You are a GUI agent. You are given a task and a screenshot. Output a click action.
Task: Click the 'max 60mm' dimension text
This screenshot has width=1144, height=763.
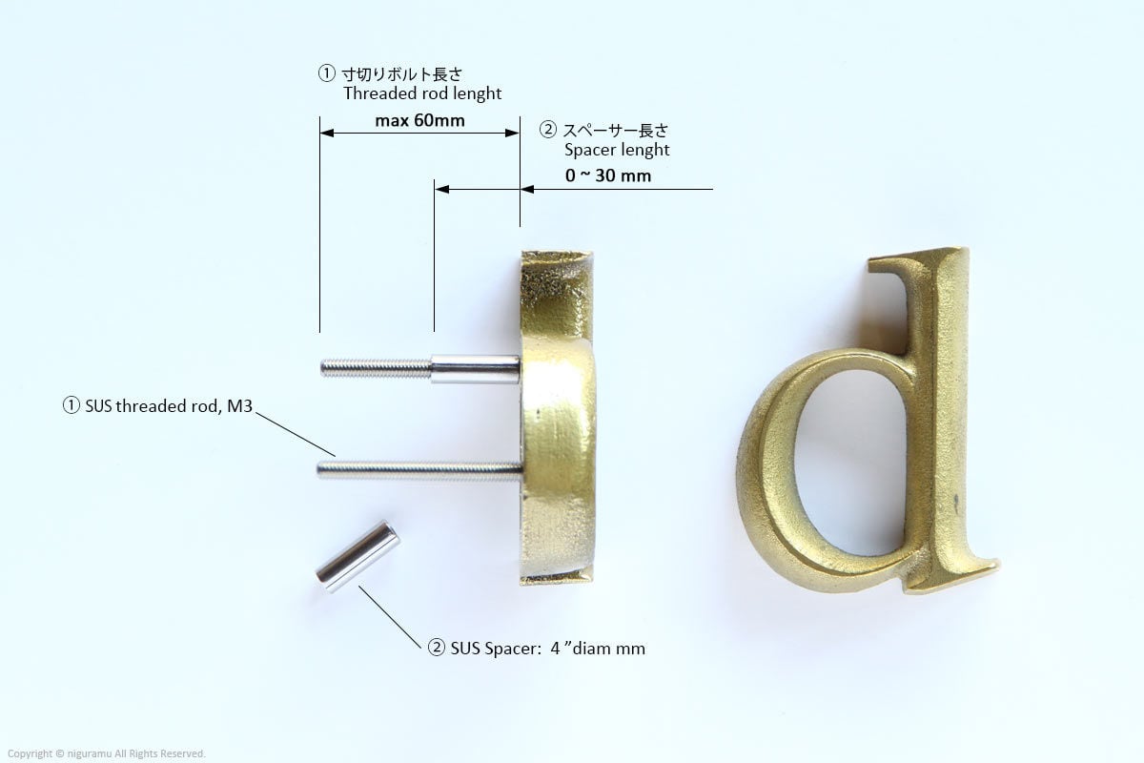click(419, 120)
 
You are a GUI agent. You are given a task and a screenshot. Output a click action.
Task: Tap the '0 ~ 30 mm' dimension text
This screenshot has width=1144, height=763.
click(608, 175)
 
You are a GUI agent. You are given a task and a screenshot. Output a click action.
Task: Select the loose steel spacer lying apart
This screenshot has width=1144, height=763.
click(357, 557)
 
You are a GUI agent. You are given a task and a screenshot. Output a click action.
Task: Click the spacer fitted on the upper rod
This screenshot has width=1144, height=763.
click(476, 369)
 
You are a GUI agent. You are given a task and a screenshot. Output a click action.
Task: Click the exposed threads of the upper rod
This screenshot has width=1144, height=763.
click(377, 368)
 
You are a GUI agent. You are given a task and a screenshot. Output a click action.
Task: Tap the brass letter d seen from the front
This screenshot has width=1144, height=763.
click(868, 421)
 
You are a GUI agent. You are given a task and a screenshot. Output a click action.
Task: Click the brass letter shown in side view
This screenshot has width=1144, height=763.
click(558, 417)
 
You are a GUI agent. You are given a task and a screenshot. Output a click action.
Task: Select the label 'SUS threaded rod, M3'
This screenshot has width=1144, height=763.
click(169, 405)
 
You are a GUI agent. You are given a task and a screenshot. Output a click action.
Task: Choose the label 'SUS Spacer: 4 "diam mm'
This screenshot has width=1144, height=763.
click(547, 649)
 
